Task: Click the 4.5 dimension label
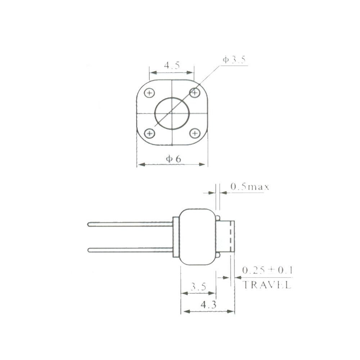[172, 66]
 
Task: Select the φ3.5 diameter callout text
[234, 59]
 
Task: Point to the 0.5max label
[249, 187]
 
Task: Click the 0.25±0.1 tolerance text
[267, 270]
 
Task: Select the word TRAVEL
[267, 285]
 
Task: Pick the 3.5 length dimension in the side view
[198, 287]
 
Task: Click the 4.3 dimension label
[208, 305]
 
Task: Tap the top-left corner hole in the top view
[149, 93]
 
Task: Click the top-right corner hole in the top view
[195, 93]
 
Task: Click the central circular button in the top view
[172, 113]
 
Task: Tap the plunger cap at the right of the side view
[226, 237]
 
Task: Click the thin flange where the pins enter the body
[176, 237]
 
